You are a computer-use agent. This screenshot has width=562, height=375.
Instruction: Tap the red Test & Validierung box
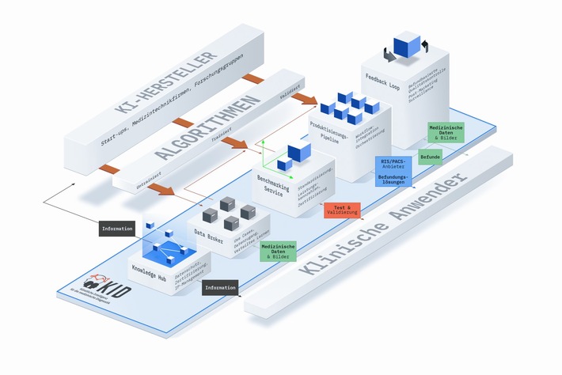pyautogui.click(x=341, y=210)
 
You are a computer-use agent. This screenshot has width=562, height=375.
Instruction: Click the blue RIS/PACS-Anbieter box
pyautogui.click(x=393, y=171)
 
